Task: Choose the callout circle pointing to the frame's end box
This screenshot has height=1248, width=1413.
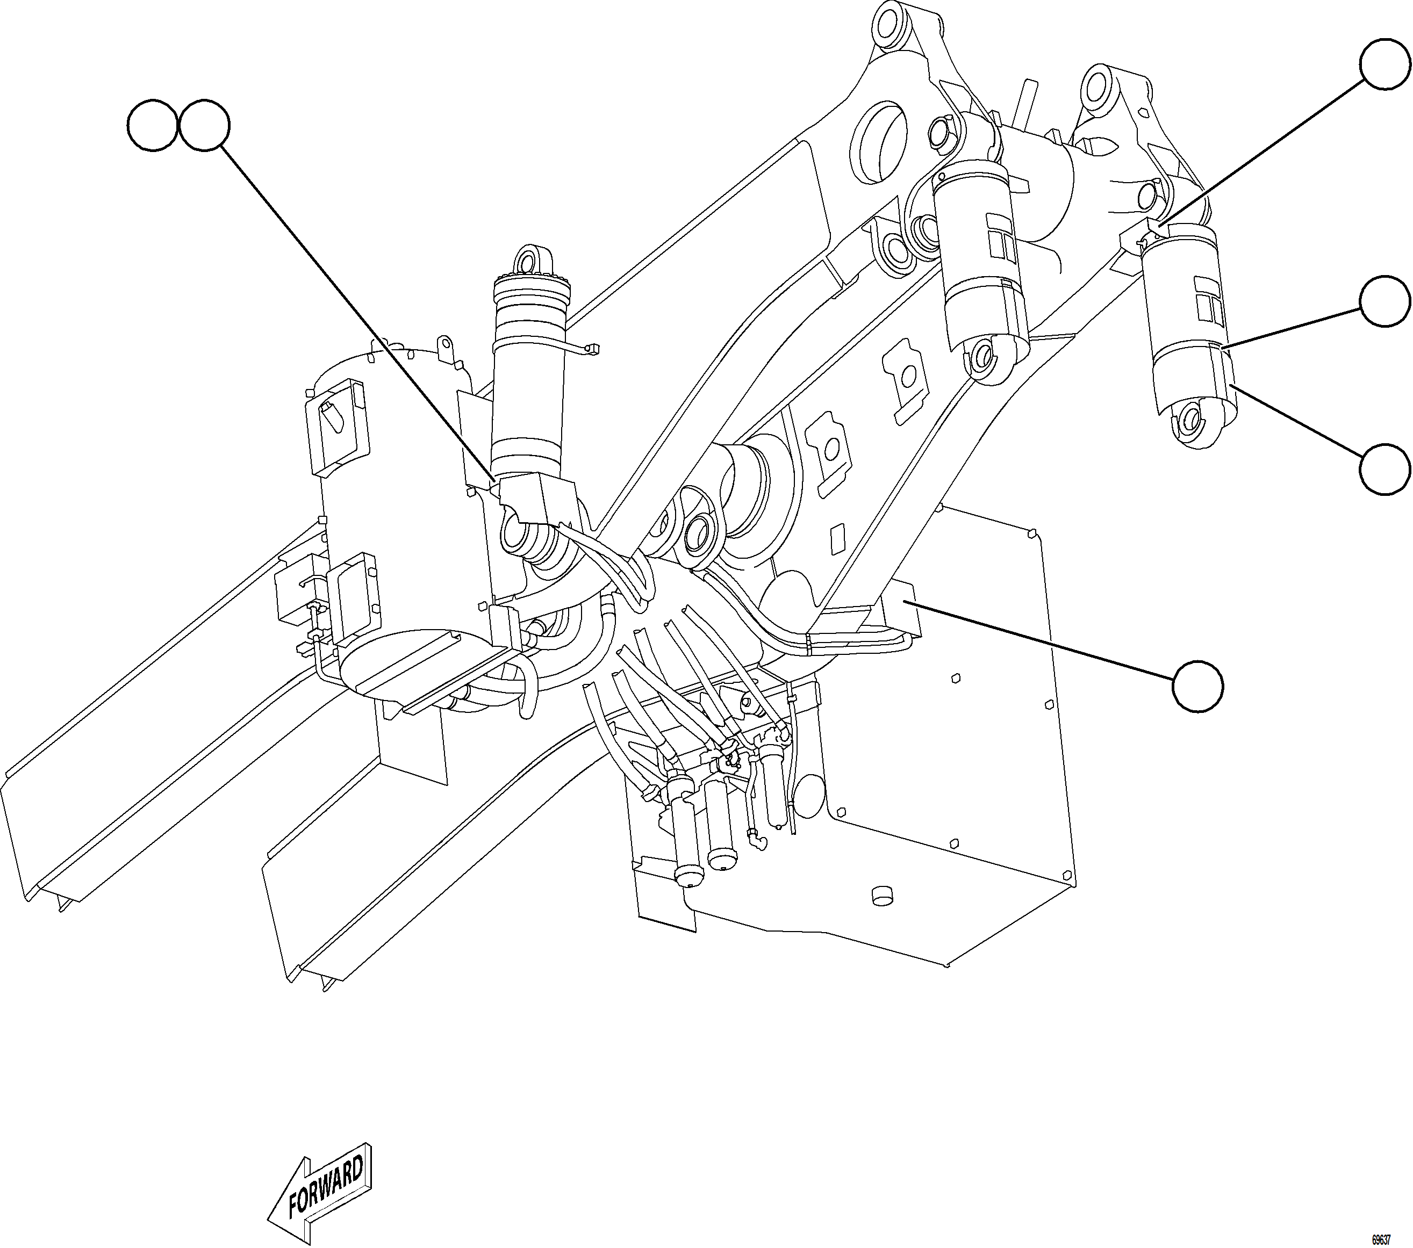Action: [1198, 686]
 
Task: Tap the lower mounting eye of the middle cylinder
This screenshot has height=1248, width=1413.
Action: [984, 357]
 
